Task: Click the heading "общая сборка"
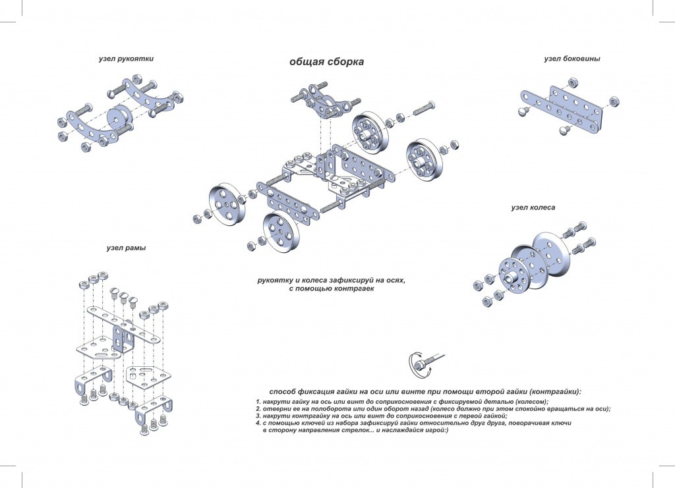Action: coord(326,62)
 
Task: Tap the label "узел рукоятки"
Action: coord(126,59)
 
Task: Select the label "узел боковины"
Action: coord(572,59)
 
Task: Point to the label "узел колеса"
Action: coord(533,207)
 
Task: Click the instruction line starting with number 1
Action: coord(402,402)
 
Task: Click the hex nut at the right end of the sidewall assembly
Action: coord(614,101)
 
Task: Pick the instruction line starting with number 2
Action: coord(432,409)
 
